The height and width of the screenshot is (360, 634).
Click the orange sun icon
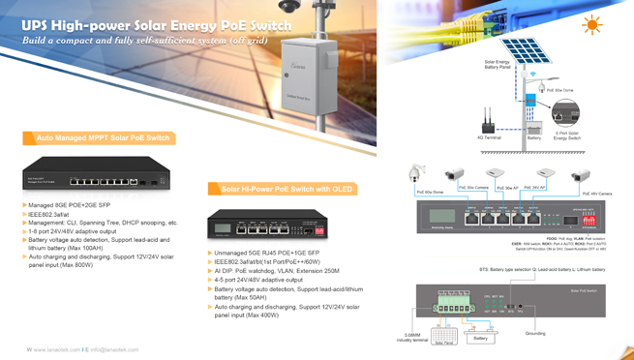click(x=590, y=25)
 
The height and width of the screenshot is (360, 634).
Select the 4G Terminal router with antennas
click(x=487, y=122)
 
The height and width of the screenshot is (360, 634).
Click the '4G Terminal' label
click(x=487, y=137)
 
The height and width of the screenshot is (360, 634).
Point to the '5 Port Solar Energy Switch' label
click(x=568, y=137)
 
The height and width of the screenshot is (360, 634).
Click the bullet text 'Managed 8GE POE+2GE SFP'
click(x=72, y=206)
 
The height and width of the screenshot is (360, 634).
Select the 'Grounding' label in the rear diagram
click(x=535, y=333)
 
